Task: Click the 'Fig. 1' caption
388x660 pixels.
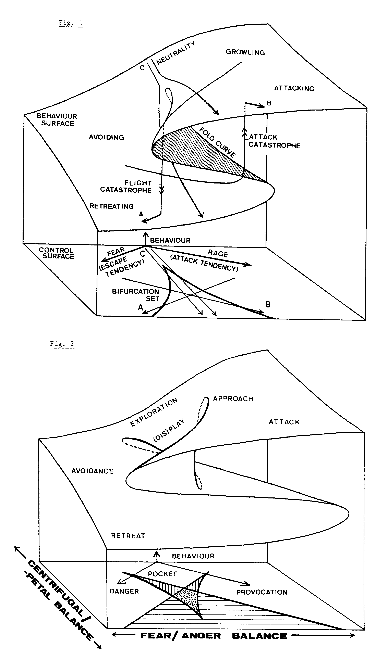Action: point(71,23)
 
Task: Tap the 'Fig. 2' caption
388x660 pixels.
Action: point(62,344)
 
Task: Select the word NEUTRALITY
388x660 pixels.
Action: point(176,53)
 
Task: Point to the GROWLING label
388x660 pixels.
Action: point(245,52)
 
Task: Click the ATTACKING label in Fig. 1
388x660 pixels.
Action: point(294,88)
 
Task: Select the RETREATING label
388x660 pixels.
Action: point(112,206)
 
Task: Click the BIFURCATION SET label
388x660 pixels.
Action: point(136,295)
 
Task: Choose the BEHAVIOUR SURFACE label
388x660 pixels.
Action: point(57,120)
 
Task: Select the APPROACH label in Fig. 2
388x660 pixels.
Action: point(233,399)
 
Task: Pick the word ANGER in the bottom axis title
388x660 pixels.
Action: point(201,636)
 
